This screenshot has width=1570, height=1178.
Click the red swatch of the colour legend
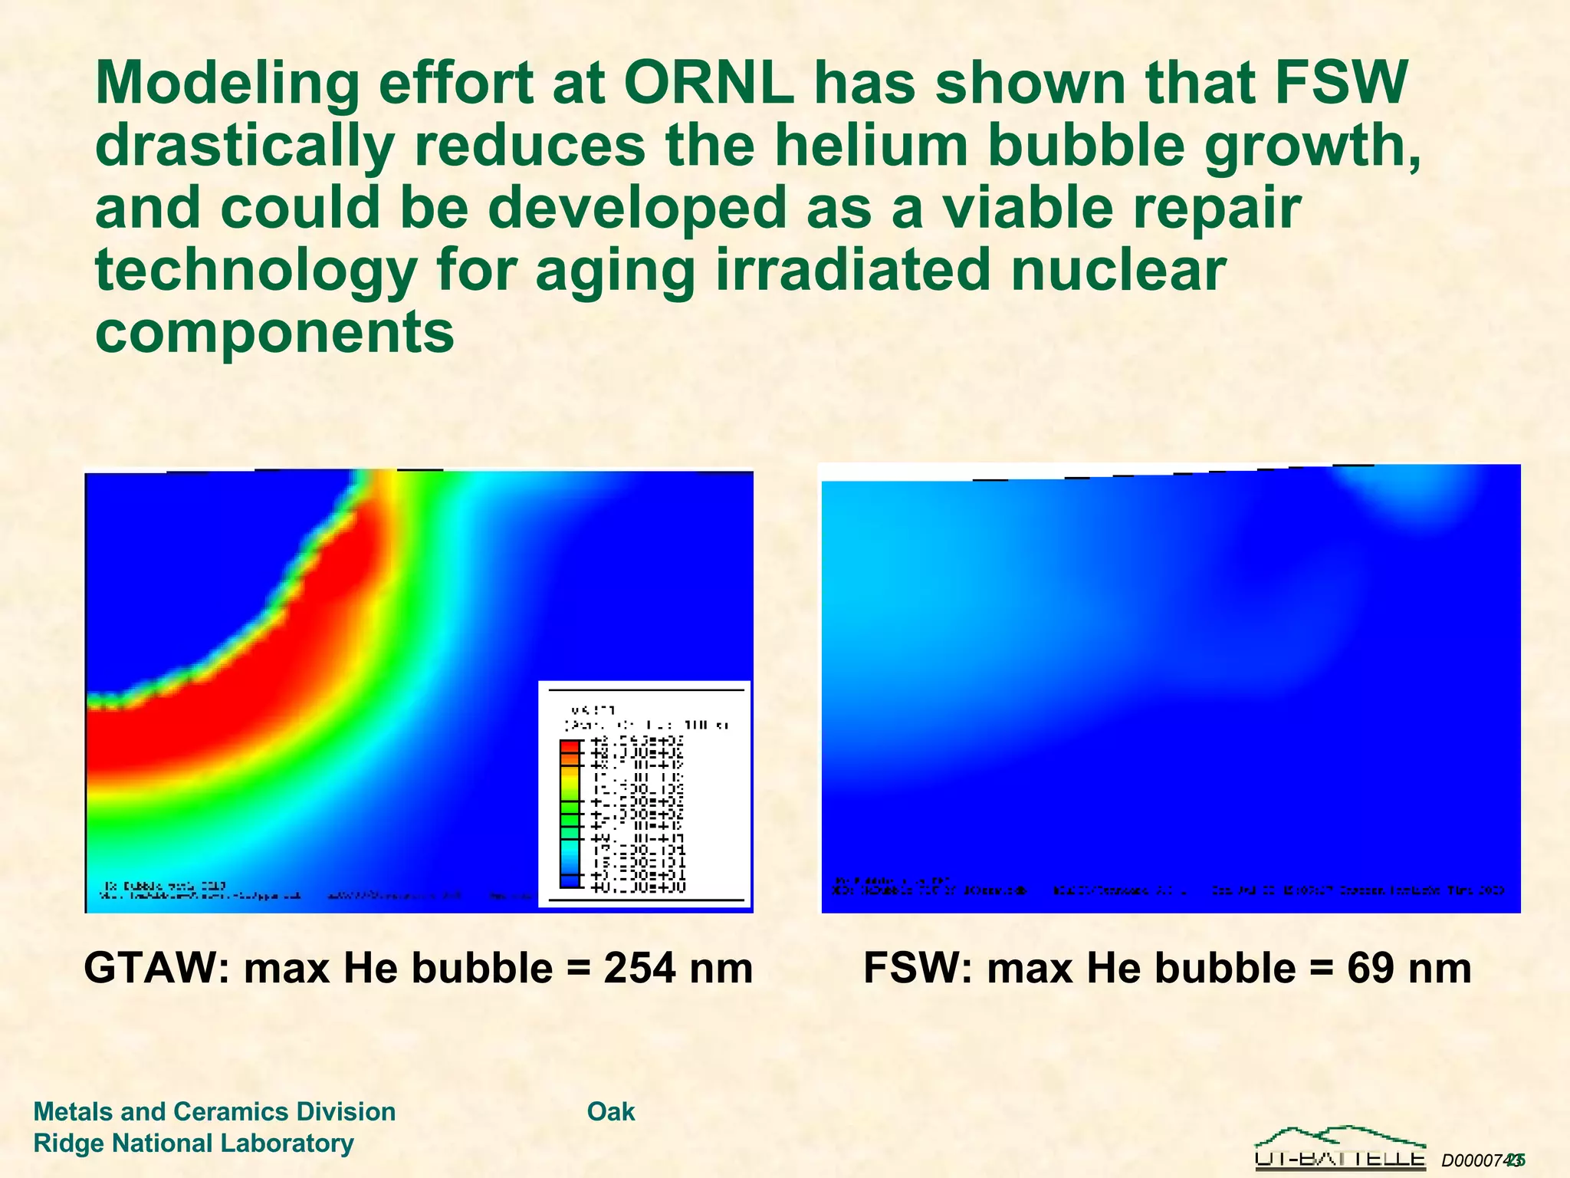pyautogui.click(x=570, y=746)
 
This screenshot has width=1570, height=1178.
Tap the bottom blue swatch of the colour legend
pyautogui.click(x=570, y=882)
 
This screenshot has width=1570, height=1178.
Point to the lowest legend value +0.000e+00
pyautogui.click(x=639, y=887)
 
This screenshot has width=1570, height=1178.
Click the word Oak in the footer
pyautogui.click(x=611, y=1111)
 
